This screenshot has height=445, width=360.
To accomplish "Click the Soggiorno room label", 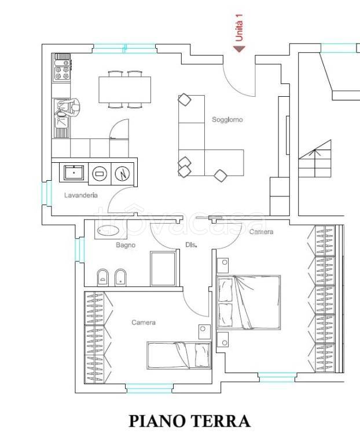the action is [227, 119].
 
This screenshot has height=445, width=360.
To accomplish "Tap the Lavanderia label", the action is [81, 195].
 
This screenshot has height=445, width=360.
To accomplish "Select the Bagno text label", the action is [126, 245].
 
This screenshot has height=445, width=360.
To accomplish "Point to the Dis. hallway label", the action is [192, 245].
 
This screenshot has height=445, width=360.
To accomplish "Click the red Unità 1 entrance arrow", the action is [239, 49].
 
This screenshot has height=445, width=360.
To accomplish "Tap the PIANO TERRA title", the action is [189, 421].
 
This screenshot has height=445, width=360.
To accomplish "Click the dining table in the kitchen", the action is [124, 89].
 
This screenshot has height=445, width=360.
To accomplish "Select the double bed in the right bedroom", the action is [249, 302].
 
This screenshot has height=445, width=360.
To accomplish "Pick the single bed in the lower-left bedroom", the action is [179, 355].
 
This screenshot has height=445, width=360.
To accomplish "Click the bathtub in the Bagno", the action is [108, 231].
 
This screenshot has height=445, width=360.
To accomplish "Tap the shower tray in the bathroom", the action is [163, 269].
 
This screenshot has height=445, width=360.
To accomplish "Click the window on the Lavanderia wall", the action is [46, 193].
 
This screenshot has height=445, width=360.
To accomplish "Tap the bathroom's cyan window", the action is [79, 250].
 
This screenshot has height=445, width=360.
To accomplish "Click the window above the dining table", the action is [124, 49].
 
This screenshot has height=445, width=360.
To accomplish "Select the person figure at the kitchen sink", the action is [71, 108].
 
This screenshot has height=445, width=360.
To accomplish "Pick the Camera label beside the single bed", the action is [144, 322].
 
